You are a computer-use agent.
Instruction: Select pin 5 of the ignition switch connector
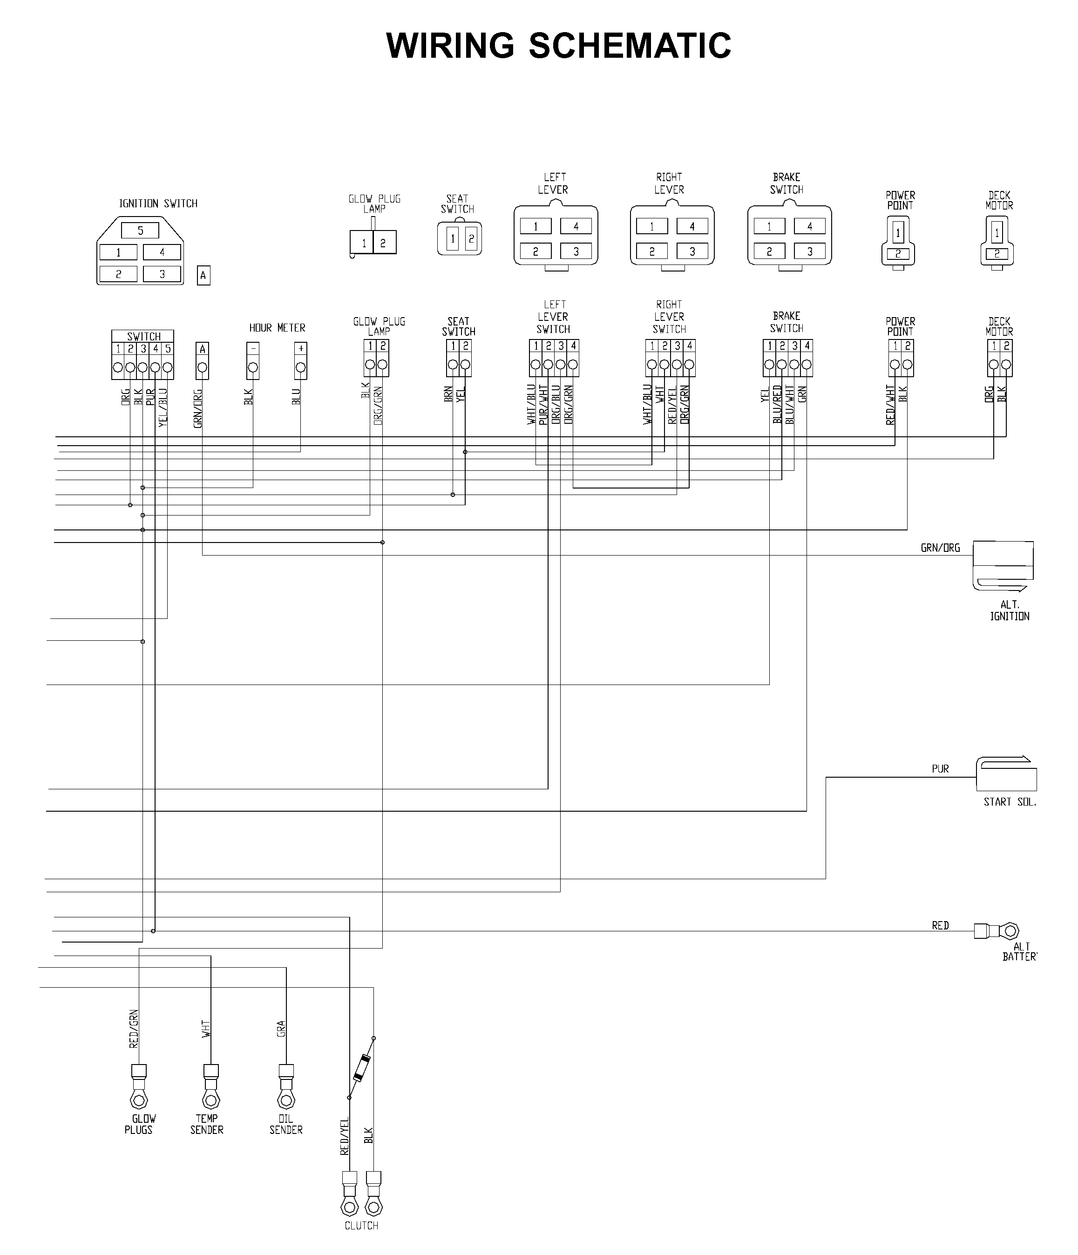coord(140,230)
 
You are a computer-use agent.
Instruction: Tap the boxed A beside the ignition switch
coord(203,276)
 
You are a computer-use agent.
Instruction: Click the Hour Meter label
coord(278,328)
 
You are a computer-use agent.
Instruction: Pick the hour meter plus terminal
coord(300,361)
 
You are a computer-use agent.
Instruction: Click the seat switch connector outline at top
coord(459,238)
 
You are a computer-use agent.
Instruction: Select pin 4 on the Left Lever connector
coord(576,226)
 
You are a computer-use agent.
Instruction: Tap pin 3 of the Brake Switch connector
coord(810,251)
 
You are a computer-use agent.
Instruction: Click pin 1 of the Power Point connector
coord(898,232)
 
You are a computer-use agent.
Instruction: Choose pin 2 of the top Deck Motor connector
coord(997,254)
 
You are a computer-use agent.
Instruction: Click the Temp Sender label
coord(206,1124)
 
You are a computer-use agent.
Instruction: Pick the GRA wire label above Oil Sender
coord(281,1029)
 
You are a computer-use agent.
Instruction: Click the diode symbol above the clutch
coord(361,1067)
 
